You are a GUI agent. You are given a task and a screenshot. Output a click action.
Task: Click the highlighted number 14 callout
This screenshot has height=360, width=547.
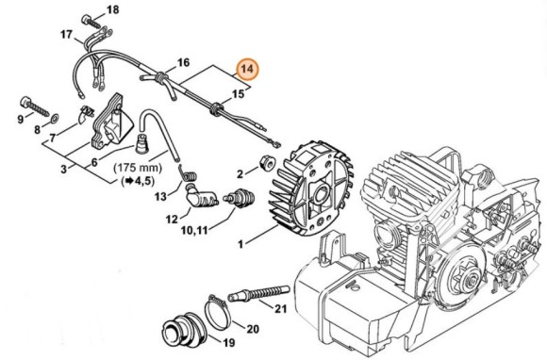(x=248, y=69)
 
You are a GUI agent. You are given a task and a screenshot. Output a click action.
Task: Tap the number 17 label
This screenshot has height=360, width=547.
(x=67, y=35)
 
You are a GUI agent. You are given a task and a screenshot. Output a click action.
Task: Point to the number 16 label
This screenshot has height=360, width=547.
(x=183, y=61)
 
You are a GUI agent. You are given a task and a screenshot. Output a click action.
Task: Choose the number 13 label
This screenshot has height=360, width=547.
(x=161, y=196)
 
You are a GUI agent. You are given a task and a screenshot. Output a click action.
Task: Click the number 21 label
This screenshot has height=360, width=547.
(x=280, y=308)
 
